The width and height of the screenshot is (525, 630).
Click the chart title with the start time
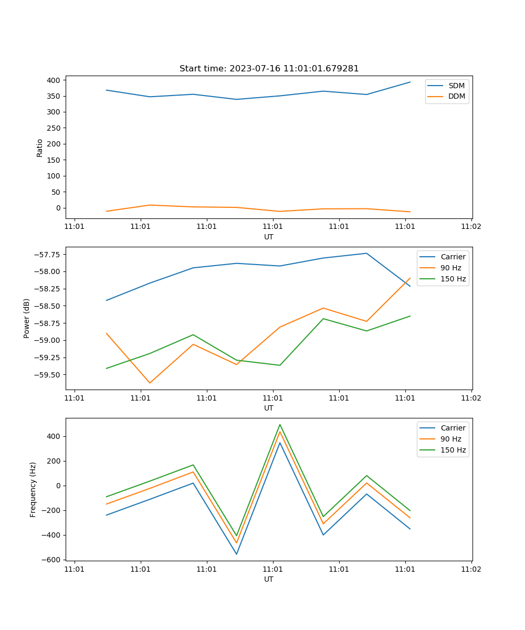click(x=269, y=69)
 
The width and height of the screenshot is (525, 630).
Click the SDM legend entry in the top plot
click(x=456, y=86)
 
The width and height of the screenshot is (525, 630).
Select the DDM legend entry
click(x=456, y=96)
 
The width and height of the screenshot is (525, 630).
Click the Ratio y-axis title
click(x=39, y=148)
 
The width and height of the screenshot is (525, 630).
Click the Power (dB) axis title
click(x=27, y=318)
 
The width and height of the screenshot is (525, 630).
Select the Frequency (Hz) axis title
click(x=33, y=489)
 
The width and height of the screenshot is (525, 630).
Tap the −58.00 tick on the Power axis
click(x=47, y=271)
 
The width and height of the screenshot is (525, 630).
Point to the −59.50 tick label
click(x=47, y=374)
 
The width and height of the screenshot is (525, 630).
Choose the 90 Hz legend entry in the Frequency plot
click(x=451, y=439)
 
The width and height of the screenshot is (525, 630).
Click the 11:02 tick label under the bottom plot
click(x=471, y=569)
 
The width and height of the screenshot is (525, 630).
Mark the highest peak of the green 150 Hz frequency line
click(x=280, y=425)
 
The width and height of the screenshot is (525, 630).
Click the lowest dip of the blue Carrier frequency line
click(x=236, y=554)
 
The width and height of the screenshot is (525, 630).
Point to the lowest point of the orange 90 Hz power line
click(x=150, y=383)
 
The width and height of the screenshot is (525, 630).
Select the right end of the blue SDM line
click(x=410, y=82)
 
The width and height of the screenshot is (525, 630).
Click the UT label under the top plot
click(x=269, y=237)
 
